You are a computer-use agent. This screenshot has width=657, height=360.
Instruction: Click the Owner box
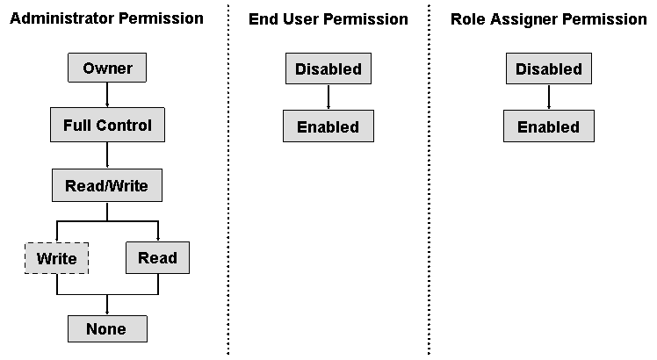click(106, 68)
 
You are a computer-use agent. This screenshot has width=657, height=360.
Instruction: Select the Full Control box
click(107, 126)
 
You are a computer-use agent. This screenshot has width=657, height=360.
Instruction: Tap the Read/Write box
click(106, 185)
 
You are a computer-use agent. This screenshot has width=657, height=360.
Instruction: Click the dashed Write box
click(56, 258)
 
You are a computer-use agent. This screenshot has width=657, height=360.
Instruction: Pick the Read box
click(157, 257)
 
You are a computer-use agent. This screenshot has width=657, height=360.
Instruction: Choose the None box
click(106, 328)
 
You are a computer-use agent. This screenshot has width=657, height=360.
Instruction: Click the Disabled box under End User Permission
click(328, 68)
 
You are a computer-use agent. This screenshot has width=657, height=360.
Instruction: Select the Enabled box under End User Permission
click(328, 126)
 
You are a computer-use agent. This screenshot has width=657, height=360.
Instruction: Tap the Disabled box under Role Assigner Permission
click(548, 68)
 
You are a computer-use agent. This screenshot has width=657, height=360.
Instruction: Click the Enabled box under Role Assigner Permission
click(548, 126)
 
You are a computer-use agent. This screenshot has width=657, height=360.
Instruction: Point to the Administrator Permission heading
click(106, 18)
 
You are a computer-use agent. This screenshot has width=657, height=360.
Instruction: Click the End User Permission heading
click(328, 18)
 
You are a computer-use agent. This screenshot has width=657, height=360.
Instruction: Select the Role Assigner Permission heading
click(548, 18)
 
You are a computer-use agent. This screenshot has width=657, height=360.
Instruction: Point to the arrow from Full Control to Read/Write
click(106, 155)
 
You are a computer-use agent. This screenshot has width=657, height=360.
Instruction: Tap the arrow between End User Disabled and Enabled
click(328, 97)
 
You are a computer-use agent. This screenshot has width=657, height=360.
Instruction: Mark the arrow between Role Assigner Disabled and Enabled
click(548, 97)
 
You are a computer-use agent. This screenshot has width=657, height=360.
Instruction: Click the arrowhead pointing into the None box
click(106, 311)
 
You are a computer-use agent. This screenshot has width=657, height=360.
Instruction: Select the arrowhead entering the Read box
click(157, 238)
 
